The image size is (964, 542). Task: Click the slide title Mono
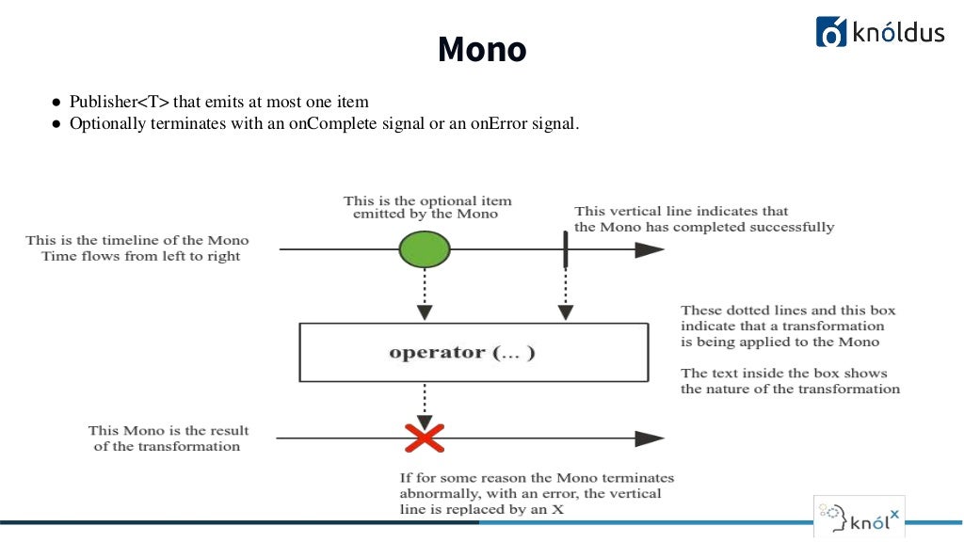click(482, 50)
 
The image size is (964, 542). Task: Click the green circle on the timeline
click(425, 249)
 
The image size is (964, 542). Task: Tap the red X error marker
click(425, 438)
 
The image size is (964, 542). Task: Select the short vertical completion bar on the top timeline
click(565, 249)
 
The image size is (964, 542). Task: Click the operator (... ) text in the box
click(461, 353)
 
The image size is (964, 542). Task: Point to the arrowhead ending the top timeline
click(649, 249)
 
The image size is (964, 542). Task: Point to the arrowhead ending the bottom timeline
click(649, 438)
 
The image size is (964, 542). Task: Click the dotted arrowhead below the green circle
click(425, 311)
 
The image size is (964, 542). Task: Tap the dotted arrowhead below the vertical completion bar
click(565, 311)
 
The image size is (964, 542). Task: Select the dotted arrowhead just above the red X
click(425, 421)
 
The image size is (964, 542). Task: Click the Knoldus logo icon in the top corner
click(831, 31)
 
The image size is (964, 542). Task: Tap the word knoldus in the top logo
click(898, 33)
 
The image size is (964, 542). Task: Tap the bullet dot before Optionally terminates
click(56, 124)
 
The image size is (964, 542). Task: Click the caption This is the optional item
click(427, 200)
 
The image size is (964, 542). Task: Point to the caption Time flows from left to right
click(141, 256)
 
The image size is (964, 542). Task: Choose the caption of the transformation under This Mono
click(167, 446)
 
